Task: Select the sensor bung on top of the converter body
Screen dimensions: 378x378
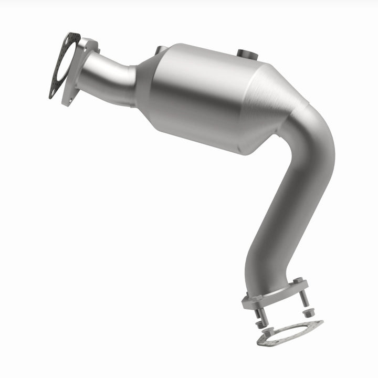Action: (245, 53)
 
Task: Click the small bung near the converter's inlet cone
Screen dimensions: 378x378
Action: (158, 51)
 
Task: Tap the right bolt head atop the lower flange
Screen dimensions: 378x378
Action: (298, 280)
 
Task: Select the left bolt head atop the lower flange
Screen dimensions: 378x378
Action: (258, 298)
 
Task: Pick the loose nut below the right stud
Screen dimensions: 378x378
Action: (309, 312)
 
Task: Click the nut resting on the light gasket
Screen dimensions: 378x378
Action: (268, 332)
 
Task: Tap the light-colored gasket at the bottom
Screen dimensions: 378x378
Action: (313, 325)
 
